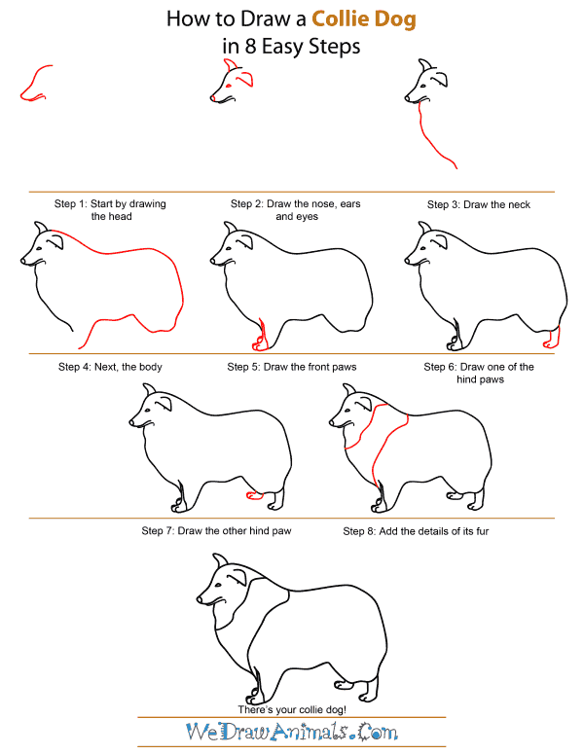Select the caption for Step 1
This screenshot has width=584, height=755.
point(110,210)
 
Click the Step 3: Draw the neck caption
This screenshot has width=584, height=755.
point(478,204)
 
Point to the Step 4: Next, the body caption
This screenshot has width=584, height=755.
point(110,367)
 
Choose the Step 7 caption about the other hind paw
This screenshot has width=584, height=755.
point(216,531)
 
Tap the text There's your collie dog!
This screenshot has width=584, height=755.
point(292,709)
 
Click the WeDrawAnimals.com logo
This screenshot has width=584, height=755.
point(292,731)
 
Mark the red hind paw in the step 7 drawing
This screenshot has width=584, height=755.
point(256,496)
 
